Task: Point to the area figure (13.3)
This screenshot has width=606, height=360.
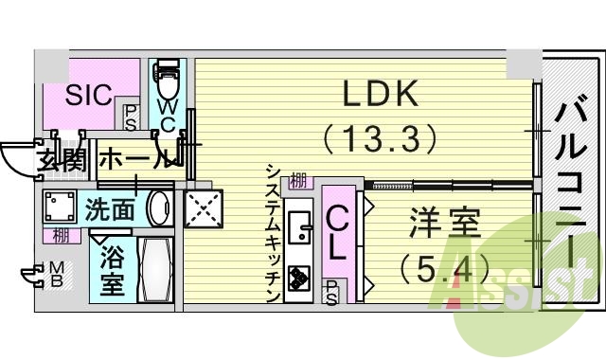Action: click(x=380, y=139)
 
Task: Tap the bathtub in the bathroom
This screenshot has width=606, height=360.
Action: click(x=153, y=269)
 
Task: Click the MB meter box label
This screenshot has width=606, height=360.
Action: click(x=56, y=275)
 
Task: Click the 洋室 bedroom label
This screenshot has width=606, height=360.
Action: click(x=445, y=226)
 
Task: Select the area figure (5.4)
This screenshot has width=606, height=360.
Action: click(x=444, y=270)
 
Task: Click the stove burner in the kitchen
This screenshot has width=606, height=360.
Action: click(x=300, y=279)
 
